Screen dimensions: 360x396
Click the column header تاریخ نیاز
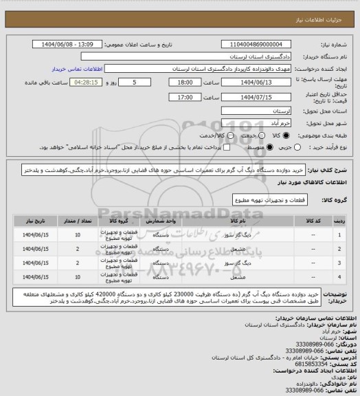tap(31, 222)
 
